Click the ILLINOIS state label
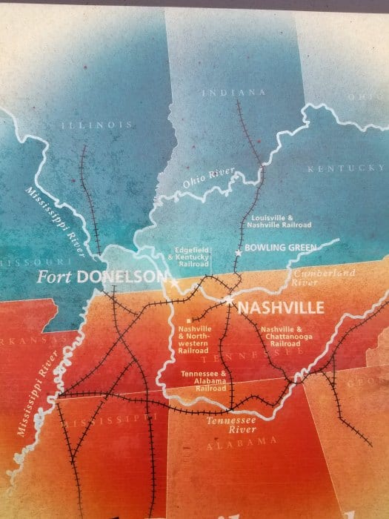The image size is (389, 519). [97, 125]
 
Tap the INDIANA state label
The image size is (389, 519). [233, 92]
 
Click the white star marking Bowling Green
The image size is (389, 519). [238, 254]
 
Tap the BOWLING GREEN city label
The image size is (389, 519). [280, 247]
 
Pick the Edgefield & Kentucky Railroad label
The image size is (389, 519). [190, 254]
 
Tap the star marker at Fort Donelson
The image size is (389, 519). [175, 282]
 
